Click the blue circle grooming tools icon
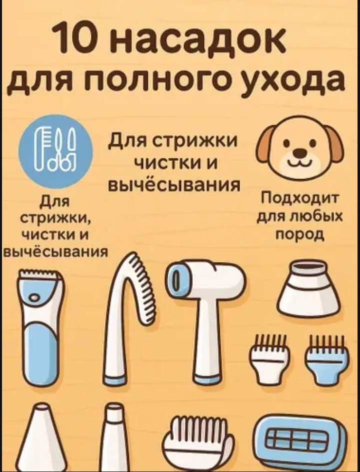coord(56,151)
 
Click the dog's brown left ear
coord(266,145)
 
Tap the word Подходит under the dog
coord(300,200)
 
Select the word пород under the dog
coord(300,234)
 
